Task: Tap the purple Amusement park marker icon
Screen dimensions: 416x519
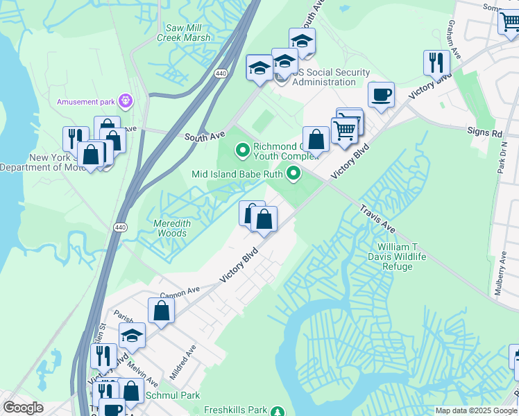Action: pyautogui.click(x=126, y=101)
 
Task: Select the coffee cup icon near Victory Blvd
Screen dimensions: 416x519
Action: pyautogui.click(x=380, y=94)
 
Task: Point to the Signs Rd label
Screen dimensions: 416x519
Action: pyautogui.click(x=485, y=132)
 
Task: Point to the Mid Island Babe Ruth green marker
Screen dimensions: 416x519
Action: pyautogui.click(x=294, y=174)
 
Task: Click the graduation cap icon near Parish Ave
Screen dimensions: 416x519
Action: pyautogui.click(x=132, y=336)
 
